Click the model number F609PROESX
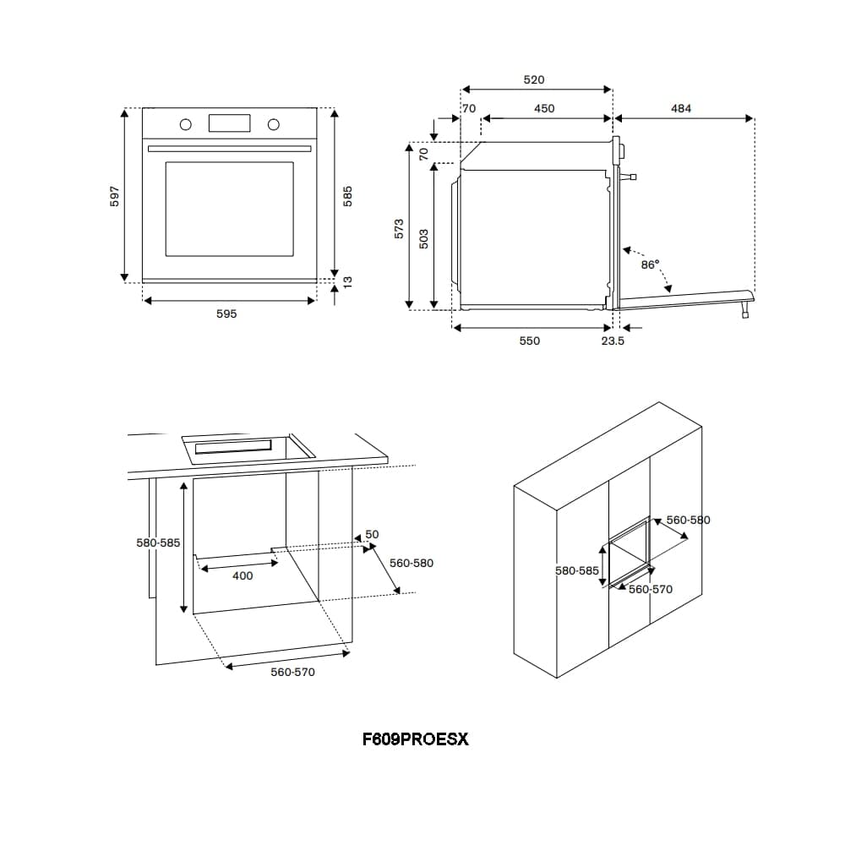click(x=415, y=739)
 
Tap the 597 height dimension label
click(x=117, y=196)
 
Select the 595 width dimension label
click(x=226, y=313)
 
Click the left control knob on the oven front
click(x=185, y=125)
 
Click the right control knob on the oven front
click(x=273, y=125)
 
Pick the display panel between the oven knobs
click(x=229, y=123)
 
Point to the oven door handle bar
click(x=230, y=149)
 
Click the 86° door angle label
click(x=650, y=264)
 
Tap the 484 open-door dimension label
click(x=681, y=108)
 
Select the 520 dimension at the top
click(x=534, y=80)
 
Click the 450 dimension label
click(x=544, y=108)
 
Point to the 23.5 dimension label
click(x=613, y=341)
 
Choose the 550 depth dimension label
click(x=529, y=341)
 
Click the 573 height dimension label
click(x=400, y=228)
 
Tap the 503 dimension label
click(x=424, y=238)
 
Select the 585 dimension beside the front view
click(x=346, y=196)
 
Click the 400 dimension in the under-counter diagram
click(x=243, y=576)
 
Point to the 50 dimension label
click(x=372, y=535)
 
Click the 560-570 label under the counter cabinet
click(x=292, y=673)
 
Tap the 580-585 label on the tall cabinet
click(x=576, y=570)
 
